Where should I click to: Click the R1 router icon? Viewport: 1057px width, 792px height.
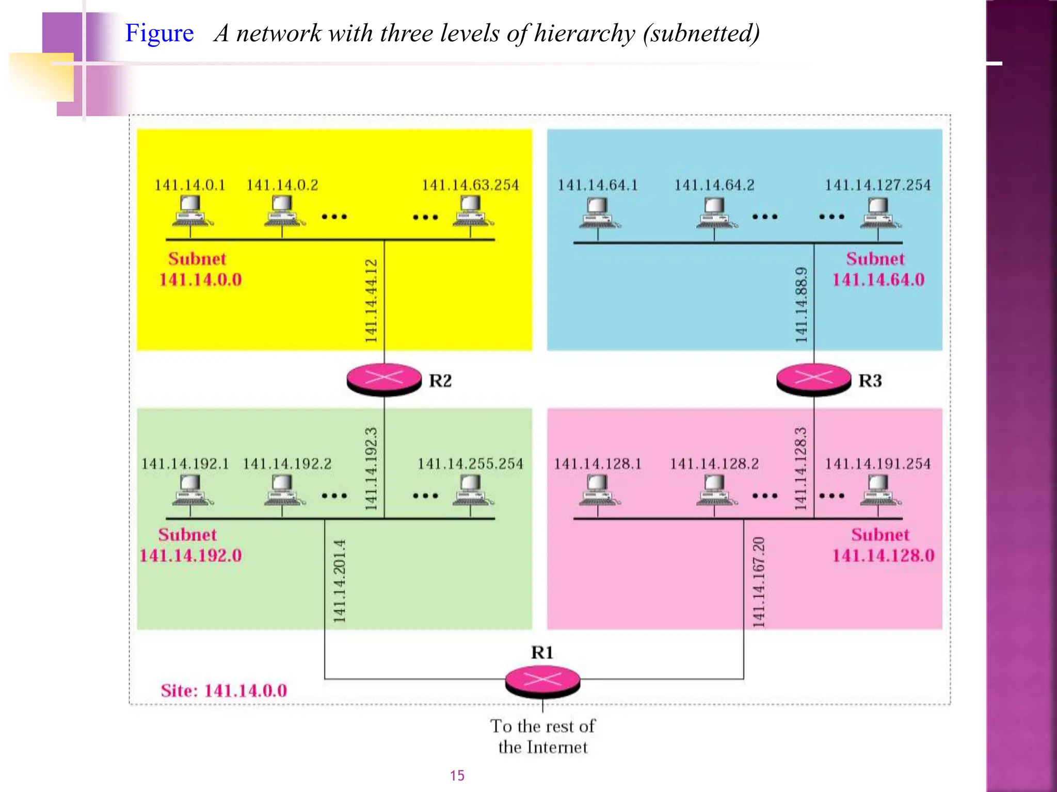click(542, 681)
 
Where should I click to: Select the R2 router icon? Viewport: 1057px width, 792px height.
click(384, 379)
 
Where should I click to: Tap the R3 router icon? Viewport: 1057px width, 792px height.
click(813, 379)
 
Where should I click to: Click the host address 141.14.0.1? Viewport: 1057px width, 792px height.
click(190, 185)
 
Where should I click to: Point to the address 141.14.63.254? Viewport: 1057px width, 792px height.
click(470, 185)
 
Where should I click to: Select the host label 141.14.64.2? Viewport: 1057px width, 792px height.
click(714, 185)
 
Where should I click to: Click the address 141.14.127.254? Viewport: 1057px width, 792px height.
click(877, 185)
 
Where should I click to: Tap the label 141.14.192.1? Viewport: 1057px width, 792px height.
click(185, 464)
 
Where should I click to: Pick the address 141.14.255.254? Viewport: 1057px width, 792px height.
click(470, 464)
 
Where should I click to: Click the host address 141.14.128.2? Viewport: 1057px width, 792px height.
click(714, 464)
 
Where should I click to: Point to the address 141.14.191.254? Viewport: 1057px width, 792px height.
click(877, 464)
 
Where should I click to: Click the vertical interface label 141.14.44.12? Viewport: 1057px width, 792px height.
click(371, 301)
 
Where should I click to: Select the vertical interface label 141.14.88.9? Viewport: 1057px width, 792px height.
click(801, 305)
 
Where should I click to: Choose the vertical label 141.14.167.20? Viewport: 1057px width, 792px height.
click(758, 582)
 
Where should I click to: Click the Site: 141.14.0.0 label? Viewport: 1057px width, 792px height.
click(223, 690)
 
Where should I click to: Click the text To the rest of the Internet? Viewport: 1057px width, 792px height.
click(542, 736)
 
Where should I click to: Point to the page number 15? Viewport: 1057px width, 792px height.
click(457, 775)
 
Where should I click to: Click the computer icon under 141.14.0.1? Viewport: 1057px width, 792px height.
click(190, 212)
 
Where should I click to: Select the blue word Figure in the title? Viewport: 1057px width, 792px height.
click(159, 33)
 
